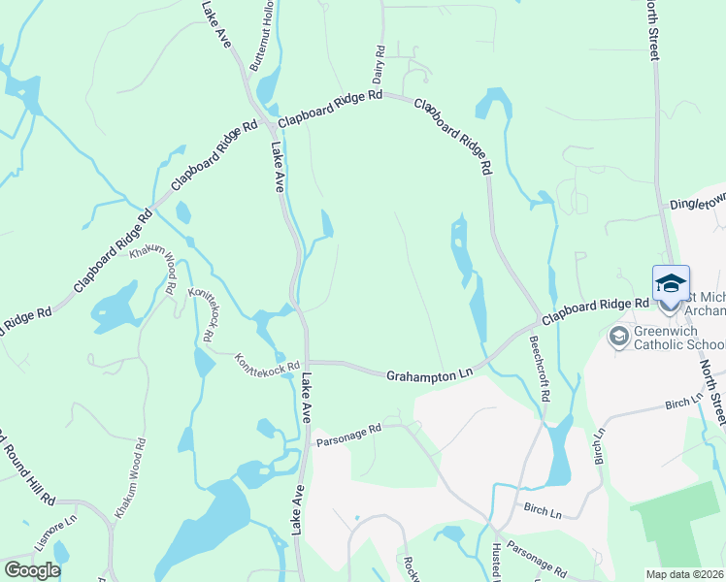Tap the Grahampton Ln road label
(429, 373)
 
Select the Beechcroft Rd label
(539, 369)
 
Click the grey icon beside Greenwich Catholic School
(617, 338)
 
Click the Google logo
(31, 570)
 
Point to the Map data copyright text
(685, 573)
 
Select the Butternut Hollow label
(261, 35)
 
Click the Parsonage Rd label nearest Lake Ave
(349, 434)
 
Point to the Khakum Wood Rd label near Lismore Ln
(129, 482)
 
